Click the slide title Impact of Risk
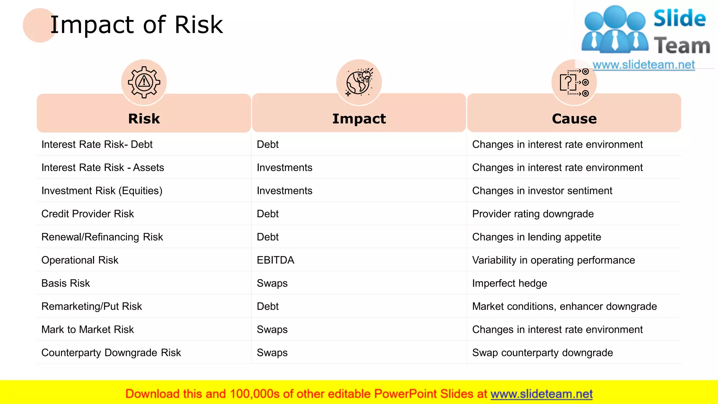click(136, 25)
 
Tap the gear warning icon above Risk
click(144, 82)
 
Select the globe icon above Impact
click(359, 82)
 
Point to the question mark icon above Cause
click(574, 82)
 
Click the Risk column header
click(144, 119)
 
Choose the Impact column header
click(359, 119)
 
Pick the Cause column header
click(574, 119)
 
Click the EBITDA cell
click(276, 260)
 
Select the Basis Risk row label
click(66, 283)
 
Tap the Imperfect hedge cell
click(509, 283)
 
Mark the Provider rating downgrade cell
click(533, 214)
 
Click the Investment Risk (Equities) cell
click(102, 191)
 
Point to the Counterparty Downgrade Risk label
click(111, 353)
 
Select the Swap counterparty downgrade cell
click(542, 353)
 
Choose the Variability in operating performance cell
click(554, 260)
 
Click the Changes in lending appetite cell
click(536, 237)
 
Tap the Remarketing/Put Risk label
click(92, 307)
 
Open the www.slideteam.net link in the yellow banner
click(541, 394)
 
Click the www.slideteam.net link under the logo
click(643, 65)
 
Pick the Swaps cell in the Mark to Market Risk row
click(272, 330)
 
